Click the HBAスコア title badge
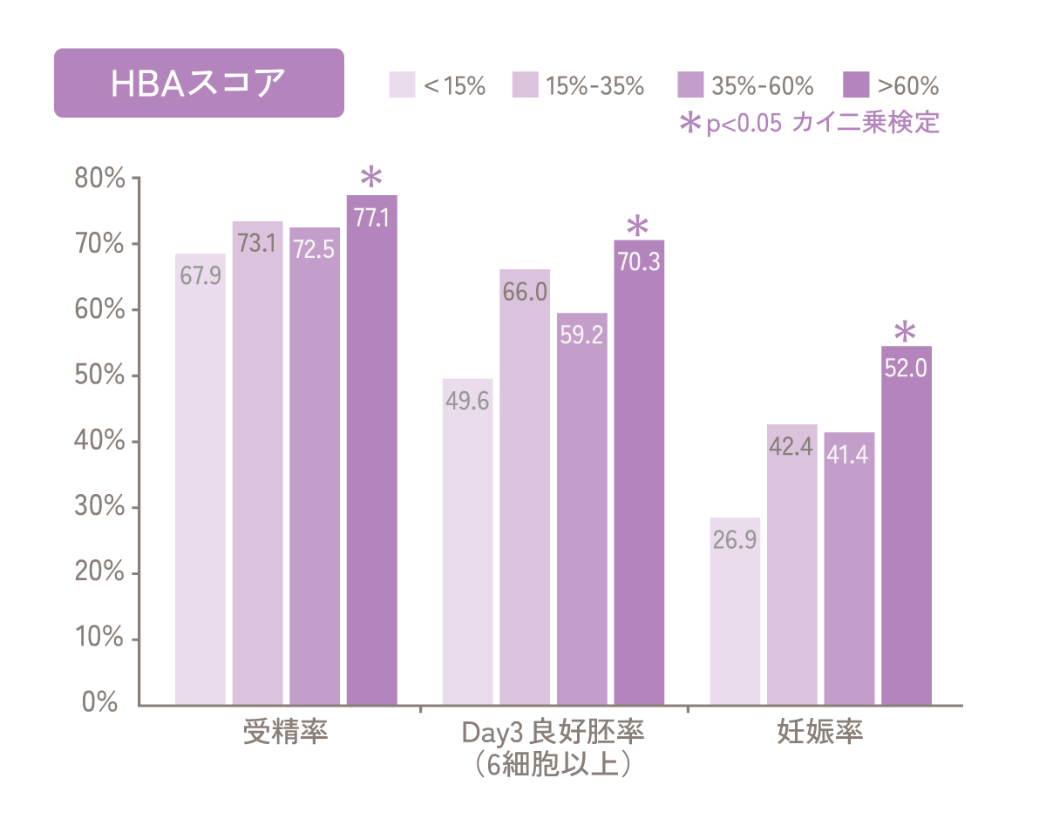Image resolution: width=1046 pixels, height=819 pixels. coord(199,83)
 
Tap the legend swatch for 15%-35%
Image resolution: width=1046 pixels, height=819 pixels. coord(526,85)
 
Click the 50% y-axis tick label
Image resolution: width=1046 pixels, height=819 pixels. coord(103,376)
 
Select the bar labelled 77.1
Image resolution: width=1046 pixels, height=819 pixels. coord(372,453)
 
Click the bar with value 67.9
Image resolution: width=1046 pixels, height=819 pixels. coord(200,479)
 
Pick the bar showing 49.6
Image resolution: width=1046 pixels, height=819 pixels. coord(468,540)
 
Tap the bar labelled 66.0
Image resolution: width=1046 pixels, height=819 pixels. coord(525,488)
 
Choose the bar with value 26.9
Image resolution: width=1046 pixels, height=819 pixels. coord(735,610)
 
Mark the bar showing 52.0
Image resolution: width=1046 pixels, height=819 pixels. coord(906,523)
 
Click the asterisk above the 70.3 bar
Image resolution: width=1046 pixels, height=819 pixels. coord(638,227)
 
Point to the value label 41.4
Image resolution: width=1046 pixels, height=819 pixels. coord(849,454)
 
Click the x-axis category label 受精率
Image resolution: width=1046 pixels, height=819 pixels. coord(285,732)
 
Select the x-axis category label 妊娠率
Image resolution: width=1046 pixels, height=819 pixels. coord(820,732)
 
